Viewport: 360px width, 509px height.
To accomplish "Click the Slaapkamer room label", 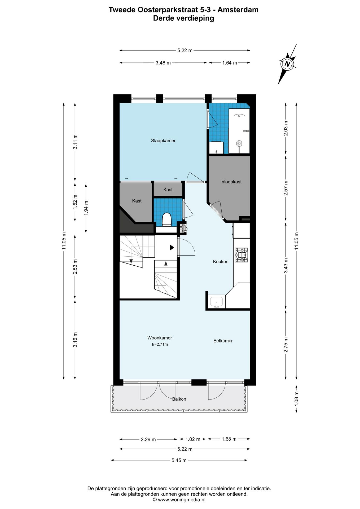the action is [163, 141].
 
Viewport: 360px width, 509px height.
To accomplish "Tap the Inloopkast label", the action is [231, 182].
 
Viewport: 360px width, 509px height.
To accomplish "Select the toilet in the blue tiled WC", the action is [166, 220].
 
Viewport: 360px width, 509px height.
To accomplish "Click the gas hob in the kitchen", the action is [241, 255].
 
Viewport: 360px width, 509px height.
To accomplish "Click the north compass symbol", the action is [287, 64].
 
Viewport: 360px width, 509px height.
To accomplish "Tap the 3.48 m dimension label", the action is [163, 63].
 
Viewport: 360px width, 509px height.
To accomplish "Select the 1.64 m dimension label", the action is [230, 63].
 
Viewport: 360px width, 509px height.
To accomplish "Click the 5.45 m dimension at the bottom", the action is [179, 460].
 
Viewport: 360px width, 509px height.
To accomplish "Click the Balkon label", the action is [179, 399].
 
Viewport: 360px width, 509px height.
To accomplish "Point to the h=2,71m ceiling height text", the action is [160, 345].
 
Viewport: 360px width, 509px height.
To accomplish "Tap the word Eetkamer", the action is [223, 341].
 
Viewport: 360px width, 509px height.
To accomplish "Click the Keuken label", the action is [221, 262].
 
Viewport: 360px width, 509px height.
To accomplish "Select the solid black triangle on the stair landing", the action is [172, 248].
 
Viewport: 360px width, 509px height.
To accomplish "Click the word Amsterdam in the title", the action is [238, 10].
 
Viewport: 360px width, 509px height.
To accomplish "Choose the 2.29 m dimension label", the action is [148, 440].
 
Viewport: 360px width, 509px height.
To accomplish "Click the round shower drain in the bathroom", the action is [239, 144].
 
